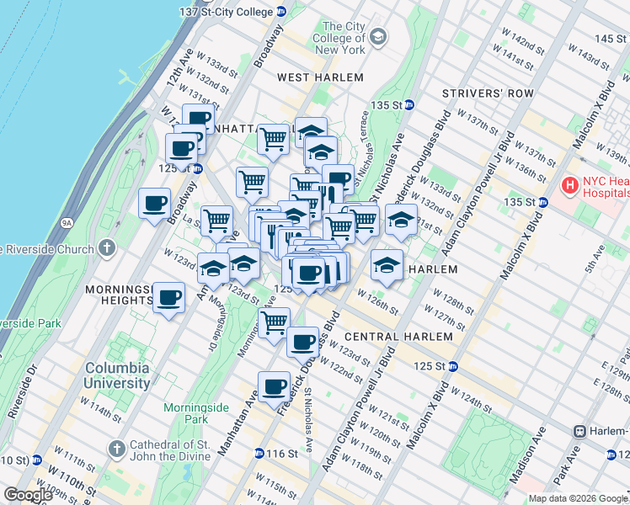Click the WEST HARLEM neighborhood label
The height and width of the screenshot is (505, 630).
[321, 77]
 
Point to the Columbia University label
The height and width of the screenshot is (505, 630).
[117, 375]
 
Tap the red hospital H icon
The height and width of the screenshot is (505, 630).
[570, 183]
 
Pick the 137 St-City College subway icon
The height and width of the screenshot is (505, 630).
[281, 12]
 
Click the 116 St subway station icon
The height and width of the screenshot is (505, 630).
[257, 454]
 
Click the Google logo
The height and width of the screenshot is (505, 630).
[28, 495]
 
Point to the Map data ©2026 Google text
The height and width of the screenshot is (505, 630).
[579, 498]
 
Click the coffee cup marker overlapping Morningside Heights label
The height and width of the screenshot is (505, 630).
[168, 298]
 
